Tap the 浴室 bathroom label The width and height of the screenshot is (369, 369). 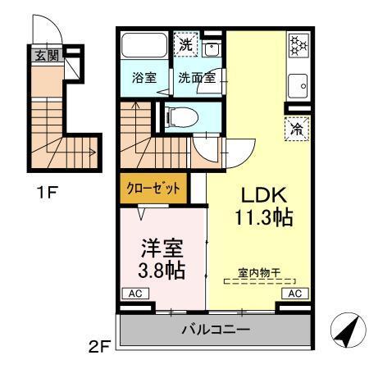146,79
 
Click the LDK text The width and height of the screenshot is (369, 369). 262,196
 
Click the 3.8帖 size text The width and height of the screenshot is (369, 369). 160,271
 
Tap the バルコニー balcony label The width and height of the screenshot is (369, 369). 215,331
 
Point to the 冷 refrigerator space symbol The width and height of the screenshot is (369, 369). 296,127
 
